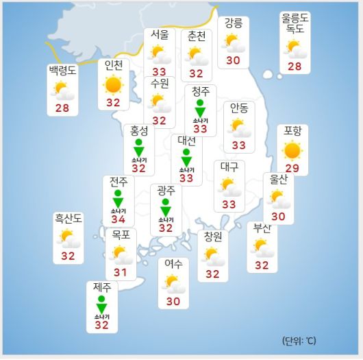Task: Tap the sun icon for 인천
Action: (x=113, y=85)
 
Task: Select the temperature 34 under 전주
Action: (x=118, y=219)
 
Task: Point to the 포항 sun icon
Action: (x=292, y=149)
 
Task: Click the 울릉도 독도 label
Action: (x=295, y=24)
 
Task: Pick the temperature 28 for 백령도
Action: (x=63, y=108)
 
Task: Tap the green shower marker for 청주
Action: (x=200, y=110)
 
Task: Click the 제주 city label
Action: (x=102, y=287)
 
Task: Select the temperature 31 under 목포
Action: (x=121, y=273)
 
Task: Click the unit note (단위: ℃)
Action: (x=299, y=341)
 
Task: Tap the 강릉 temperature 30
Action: (x=233, y=61)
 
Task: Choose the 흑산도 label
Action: (x=68, y=219)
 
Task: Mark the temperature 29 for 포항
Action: (x=292, y=169)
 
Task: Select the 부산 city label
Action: (x=262, y=228)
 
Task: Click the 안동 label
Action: (x=239, y=107)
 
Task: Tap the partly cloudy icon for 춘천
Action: (x=197, y=55)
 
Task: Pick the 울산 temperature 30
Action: (x=278, y=217)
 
